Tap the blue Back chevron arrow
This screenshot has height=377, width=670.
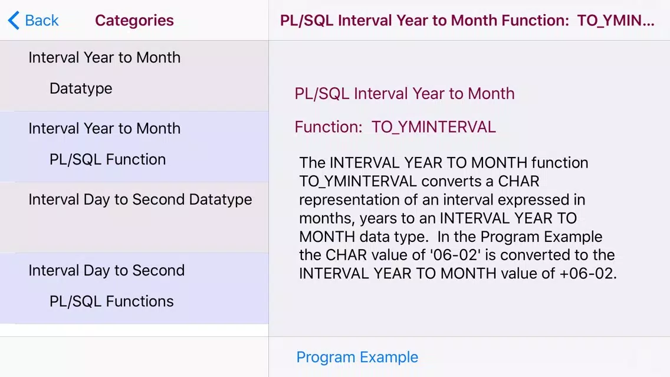14,20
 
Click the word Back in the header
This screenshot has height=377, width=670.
41,20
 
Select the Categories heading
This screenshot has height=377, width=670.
134,20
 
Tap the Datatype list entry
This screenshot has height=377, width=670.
81,88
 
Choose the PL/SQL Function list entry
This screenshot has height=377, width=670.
108,159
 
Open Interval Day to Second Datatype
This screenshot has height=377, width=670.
140,199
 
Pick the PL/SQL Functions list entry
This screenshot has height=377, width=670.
111,301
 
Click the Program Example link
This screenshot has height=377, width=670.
357,357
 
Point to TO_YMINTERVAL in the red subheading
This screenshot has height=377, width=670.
433,127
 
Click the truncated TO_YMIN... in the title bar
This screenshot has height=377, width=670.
615,20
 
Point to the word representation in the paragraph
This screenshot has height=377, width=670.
352,200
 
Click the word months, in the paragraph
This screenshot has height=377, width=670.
327,218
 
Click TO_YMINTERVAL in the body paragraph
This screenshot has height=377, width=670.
358,182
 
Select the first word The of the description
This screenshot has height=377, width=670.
313,163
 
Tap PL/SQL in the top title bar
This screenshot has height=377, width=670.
306,20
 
